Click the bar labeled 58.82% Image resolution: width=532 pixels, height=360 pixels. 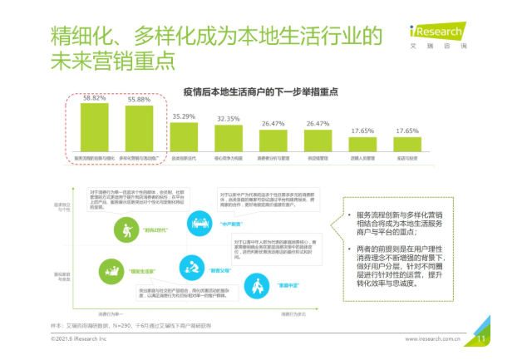click(94, 126)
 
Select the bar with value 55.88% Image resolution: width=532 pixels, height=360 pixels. click(139, 128)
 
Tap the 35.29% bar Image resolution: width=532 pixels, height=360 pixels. click(184, 138)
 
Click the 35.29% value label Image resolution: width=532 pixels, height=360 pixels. click(184, 116)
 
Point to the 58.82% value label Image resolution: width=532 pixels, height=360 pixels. click(94, 97)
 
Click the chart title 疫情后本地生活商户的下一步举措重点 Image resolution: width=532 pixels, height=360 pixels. click(255, 89)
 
